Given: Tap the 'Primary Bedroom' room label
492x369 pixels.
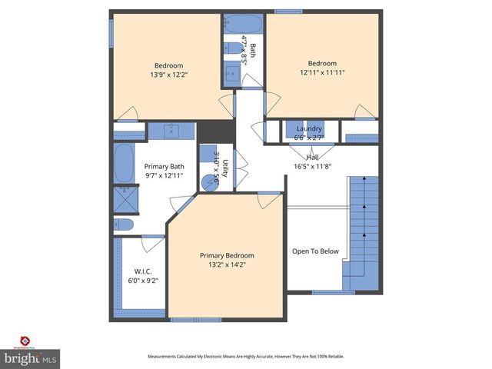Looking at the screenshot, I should pos(227,255).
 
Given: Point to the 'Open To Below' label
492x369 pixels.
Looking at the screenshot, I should pos(315,251).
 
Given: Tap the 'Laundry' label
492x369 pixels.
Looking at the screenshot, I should pos(309,128).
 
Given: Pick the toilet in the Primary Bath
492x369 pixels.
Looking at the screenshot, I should pos(124,224).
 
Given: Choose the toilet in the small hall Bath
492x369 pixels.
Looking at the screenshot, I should pos(233,49).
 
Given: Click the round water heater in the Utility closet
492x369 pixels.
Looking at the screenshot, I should pos(208,182).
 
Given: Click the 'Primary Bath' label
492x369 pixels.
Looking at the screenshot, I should pos(165,167).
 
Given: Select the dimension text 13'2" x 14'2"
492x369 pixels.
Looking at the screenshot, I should pos(227,264).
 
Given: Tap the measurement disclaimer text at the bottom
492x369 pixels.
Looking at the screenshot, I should pos(246,357).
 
